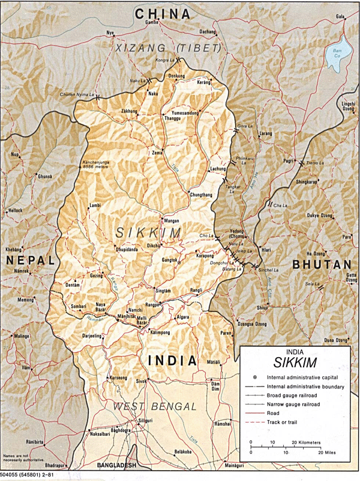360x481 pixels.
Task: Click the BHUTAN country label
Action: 321,265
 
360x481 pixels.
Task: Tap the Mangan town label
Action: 172,221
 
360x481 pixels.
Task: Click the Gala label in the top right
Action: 340,17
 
